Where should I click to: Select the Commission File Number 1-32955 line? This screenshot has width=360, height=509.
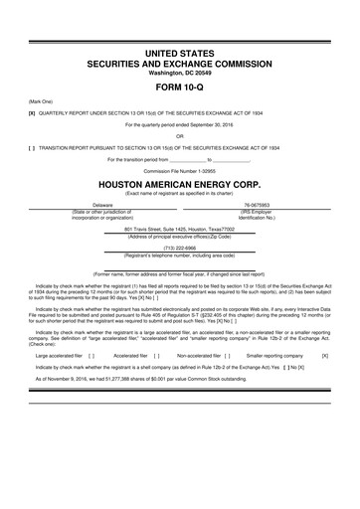click(x=180, y=170)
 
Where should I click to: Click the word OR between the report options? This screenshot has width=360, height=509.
click(x=180, y=135)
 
